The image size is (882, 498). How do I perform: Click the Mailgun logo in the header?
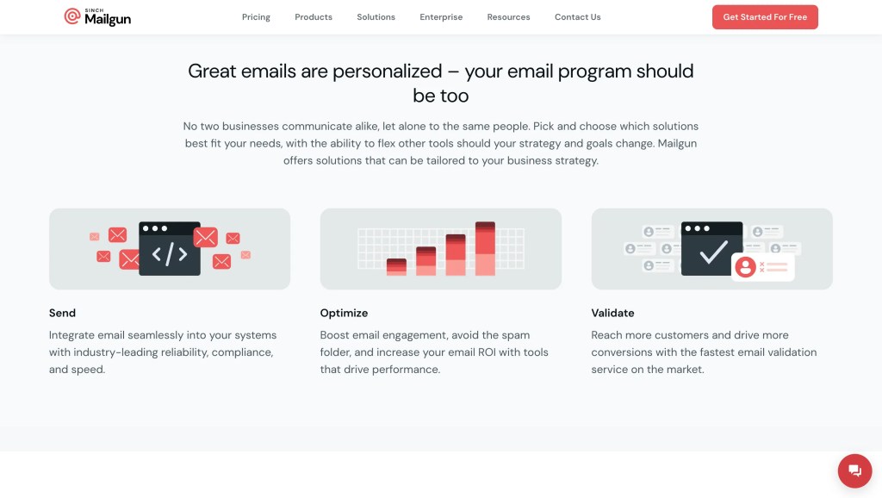click(97, 17)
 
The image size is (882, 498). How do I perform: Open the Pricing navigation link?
click(256, 17)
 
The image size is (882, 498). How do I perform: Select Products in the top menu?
click(314, 17)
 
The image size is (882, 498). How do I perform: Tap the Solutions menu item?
click(376, 17)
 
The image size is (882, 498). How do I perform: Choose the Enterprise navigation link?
click(441, 17)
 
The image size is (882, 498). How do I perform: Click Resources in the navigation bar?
click(508, 17)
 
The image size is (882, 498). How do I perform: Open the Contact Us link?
click(578, 17)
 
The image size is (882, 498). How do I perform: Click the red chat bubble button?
click(854, 470)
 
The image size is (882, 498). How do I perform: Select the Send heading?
click(62, 313)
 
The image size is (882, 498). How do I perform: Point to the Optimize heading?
click(344, 313)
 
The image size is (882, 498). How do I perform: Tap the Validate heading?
click(612, 313)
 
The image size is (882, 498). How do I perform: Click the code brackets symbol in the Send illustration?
click(170, 254)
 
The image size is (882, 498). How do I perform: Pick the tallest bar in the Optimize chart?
click(485, 248)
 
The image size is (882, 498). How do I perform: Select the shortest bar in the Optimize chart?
click(396, 267)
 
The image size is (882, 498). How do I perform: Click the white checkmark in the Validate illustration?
click(713, 252)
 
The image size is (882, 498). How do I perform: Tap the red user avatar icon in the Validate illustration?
click(745, 267)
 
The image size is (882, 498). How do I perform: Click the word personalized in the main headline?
click(387, 72)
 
